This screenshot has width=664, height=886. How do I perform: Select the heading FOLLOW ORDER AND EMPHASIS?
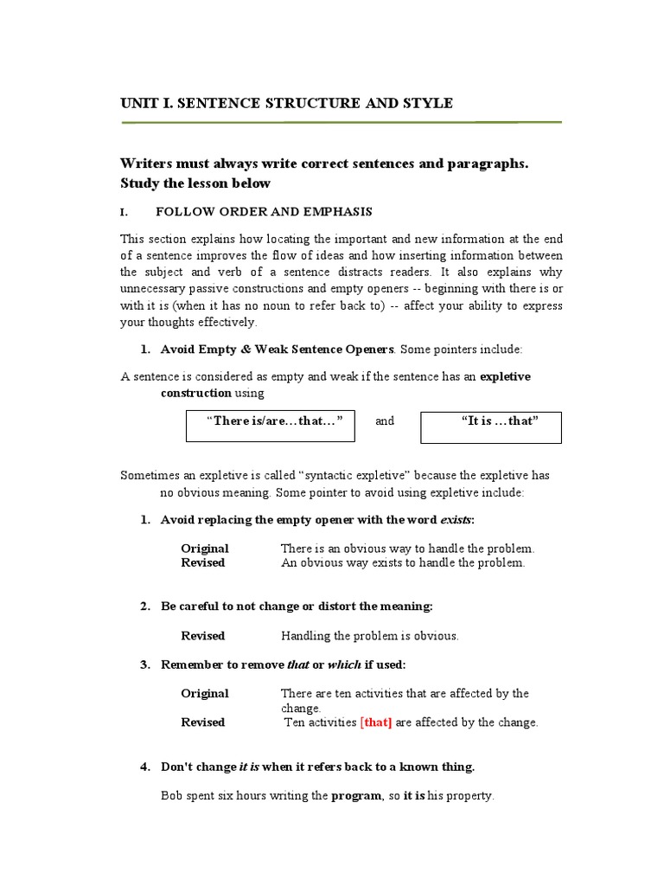point(264,212)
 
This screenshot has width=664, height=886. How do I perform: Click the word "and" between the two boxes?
point(385,421)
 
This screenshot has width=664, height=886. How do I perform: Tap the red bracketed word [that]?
point(376,722)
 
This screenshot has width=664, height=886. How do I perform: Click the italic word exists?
point(456,520)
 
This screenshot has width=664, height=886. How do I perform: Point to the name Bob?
point(172,796)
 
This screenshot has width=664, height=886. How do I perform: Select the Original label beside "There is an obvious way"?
point(205,549)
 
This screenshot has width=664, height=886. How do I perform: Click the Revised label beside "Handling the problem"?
point(203,636)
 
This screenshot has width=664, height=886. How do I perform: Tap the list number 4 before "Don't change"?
point(144,767)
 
